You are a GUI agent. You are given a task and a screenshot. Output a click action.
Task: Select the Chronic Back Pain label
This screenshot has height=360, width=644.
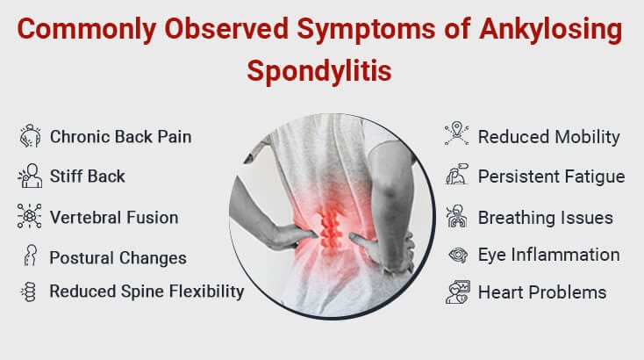[x=120, y=136]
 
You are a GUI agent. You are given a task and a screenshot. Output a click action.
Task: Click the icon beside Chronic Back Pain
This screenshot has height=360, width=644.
[x=30, y=136]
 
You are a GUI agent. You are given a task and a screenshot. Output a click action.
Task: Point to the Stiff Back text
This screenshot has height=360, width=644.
[x=88, y=176]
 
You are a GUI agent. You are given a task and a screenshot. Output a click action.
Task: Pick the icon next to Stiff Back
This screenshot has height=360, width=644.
[x=30, y=176]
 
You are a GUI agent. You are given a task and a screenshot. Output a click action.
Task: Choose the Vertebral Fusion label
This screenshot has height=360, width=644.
[x=114, y=217]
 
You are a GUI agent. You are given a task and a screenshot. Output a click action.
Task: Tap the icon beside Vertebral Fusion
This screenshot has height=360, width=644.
[x=30, y=217]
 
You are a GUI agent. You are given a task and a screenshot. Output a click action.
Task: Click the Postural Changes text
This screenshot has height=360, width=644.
[x=118, y=258]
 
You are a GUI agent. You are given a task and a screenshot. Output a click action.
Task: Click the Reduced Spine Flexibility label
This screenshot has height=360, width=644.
[x=147, y=291]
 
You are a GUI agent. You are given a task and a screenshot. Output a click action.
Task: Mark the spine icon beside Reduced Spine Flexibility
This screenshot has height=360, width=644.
[x=30, y=292]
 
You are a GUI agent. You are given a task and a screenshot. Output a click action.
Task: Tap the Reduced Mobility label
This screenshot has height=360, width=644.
[x=548, y=137]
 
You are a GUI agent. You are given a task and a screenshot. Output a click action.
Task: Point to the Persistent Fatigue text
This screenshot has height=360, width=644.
[x=551, y=176]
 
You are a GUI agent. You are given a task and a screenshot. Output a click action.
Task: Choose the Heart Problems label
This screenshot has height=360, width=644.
[x=542, y=292]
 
